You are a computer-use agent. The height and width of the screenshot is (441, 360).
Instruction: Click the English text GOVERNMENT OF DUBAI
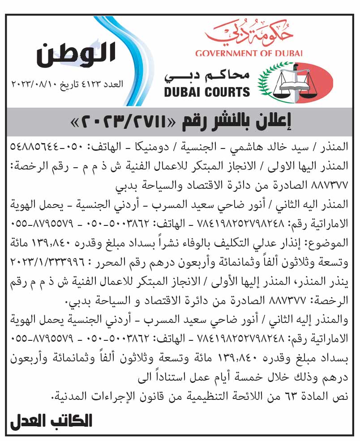pos(249,54)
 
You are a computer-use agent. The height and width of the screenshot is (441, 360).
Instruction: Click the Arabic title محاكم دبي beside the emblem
pos(207,76)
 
